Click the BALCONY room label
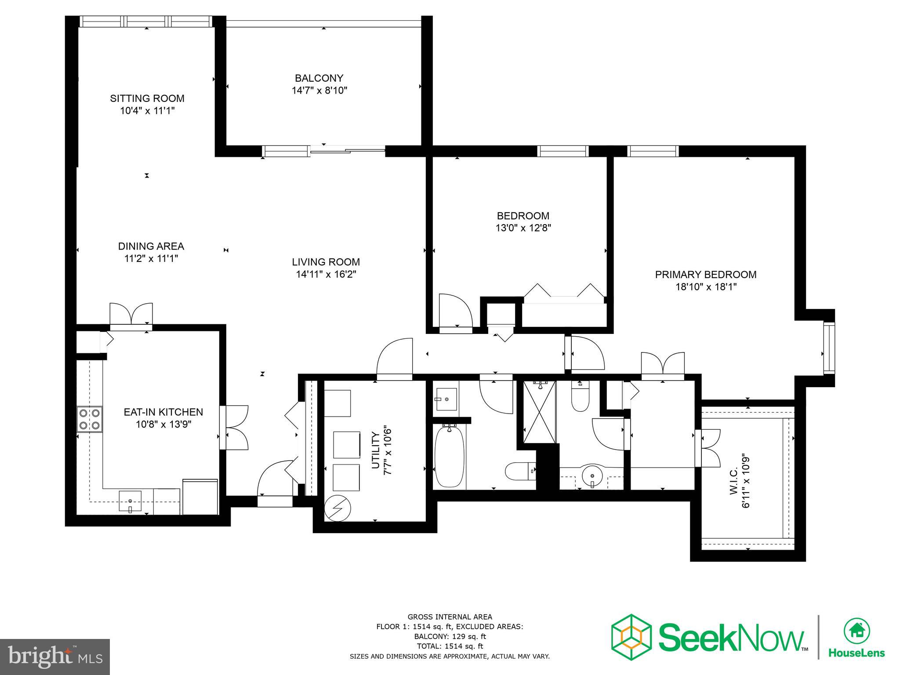pos(319,78)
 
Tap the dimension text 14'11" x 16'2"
pos(326,275)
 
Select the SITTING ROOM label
pos(147,98)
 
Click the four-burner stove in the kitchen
pos(89,419)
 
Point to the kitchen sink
pos(130,501)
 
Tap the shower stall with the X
pos(539,412)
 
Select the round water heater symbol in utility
pos(337,508)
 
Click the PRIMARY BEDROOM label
pos(706,275)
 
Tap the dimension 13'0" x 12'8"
pos(523,228)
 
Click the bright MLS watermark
pos(55,657)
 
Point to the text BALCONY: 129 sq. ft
pos(450,636)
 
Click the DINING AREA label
pos(151,247)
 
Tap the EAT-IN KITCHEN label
pos(163,412)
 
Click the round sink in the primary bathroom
pos(593,475)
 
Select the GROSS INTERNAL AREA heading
pos(450,617)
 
